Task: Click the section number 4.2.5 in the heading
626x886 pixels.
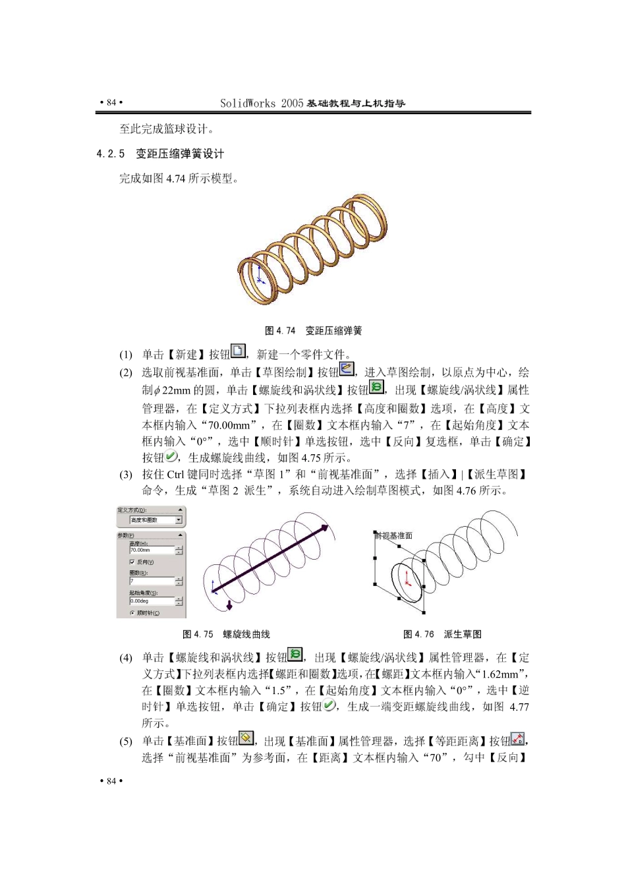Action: pyautogui.click(x=110, y=154)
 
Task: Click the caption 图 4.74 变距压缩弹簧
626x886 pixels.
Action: pyautogui.click(x=313, y=330)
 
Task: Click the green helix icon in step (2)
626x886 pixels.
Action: pyautogui.click(x=376, y=387)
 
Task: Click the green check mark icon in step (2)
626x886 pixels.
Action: pyautogui.click(x=171, y=456)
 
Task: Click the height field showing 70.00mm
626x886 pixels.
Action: pyautogui.click(x=152, y=550)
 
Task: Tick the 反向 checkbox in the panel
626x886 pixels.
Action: pyautogui.click(x=132, y=562)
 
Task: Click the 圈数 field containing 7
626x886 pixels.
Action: pyautogui.click(x=152, y=581)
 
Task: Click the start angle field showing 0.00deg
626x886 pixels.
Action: pyautogui.click(x=152, y=601)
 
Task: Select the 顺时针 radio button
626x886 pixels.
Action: pyautogui.click(x=132, y=613)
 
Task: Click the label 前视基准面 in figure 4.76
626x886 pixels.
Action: pyautogui.click(x=394, y=535)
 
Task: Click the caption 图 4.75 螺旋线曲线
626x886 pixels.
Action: pyautogui.click(x=226, y=634)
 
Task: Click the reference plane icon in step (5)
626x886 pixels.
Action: pyautogui.click(x=246, y=738)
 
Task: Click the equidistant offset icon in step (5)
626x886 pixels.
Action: pyautogui.click(x=517, y=739)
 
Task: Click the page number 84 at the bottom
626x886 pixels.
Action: pyautogui.click(x=111, y=781)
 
